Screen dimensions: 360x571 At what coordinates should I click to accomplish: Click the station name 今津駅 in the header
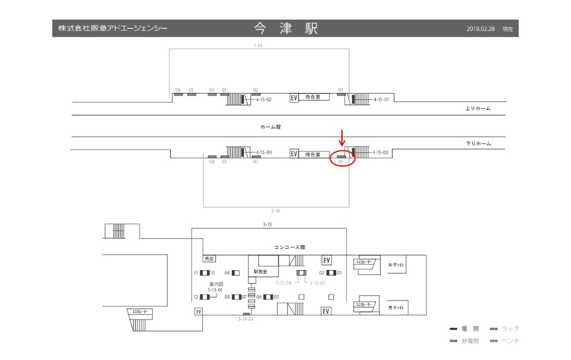point(285,29)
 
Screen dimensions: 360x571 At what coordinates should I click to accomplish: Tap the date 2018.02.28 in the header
point(481,29)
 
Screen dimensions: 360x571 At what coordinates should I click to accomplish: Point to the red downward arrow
point(342,137)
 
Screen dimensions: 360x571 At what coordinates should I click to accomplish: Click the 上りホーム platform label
point(478,109)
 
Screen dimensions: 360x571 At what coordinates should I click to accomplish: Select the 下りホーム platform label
point(478,143)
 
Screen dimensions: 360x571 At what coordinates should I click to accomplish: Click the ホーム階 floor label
point(270,127)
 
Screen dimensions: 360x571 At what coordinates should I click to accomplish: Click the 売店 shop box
point(209,259)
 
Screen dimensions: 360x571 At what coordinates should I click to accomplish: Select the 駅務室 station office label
point(261,271)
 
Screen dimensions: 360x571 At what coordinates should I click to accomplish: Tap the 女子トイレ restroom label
point(396,265)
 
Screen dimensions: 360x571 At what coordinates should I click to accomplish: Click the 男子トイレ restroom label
point(396,308)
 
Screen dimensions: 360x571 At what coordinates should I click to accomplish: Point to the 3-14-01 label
point(246,320)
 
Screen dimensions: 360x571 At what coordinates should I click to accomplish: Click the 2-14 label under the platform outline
point(275,211)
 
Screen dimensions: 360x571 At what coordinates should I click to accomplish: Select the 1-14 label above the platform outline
point(258,45)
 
